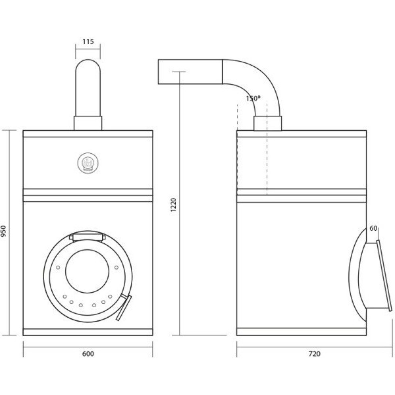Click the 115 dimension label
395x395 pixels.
tap(88, 41)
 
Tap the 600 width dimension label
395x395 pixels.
tap(88, 354)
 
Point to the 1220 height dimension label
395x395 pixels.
tap(173, 205)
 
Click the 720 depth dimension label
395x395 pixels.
tap(314, 354)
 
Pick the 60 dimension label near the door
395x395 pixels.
tap(373, 228)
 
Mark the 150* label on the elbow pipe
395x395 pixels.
tap(253, 98)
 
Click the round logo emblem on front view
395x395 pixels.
tap(88, 163)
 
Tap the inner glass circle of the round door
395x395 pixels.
tap(87, 271)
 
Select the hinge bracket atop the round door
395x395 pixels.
tap(87, 237)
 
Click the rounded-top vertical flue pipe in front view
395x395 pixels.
tap(88, 87)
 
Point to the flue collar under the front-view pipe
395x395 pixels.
tap(88, 123)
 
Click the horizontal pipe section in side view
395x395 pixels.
tap(190, 71)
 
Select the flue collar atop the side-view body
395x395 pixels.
tap(267, 123)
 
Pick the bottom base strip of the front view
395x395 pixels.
tap(88, 332)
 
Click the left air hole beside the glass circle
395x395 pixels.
tap(58, 267)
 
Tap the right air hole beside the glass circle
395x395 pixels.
tap(117, 267)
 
